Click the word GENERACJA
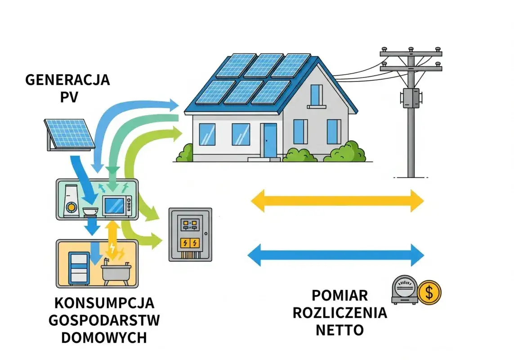[x=67, y=80]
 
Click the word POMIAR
[x=340, y=296]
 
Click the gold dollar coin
[x=429, y=293]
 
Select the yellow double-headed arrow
[x=337, y=200]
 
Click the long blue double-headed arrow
[x=336, y=255]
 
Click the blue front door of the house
[x=270, y=140]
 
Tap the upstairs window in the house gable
[x=316, y=95]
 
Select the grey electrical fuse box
[x=190, y=234]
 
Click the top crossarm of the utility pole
[x=411, y=54]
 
